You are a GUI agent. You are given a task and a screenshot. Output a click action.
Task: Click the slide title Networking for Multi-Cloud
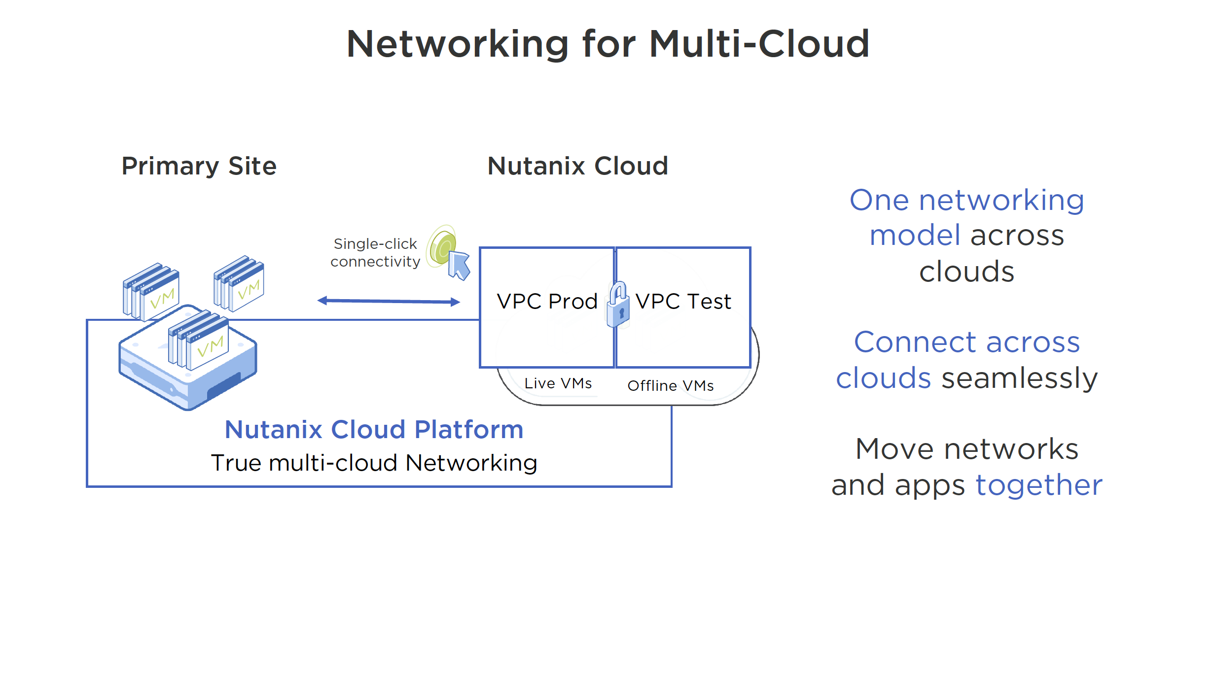608,44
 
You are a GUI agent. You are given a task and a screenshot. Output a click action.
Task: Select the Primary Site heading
199,166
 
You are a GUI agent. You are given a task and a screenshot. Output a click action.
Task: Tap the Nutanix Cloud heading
577,166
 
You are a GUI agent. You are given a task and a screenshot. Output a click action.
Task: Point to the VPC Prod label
547,302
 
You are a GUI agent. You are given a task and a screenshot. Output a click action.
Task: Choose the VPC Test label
683,302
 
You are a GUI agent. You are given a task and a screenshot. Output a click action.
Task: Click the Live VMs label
558,383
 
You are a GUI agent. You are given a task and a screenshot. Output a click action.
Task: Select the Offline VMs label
670,386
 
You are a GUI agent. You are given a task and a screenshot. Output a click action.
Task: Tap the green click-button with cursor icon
448,252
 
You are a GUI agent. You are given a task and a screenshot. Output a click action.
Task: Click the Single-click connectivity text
375,253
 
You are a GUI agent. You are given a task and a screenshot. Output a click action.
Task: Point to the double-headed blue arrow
389,301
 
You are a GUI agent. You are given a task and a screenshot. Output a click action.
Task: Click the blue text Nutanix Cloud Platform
374,430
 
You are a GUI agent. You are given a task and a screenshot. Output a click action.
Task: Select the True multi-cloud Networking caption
374,463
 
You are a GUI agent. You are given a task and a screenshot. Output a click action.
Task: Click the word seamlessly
1019,378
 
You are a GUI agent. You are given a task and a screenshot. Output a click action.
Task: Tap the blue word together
1038,485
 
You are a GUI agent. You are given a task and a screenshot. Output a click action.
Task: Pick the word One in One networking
879,201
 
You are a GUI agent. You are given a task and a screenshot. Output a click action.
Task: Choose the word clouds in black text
966,272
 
